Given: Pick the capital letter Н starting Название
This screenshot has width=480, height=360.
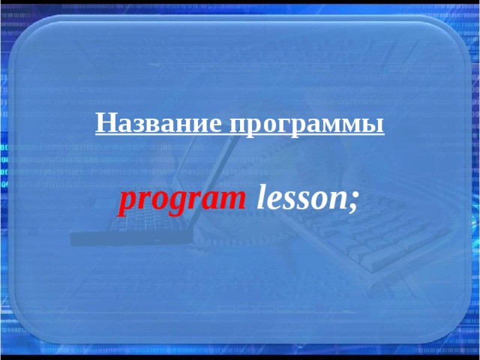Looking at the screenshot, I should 103,122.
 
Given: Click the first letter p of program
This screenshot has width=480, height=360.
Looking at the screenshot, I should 125,202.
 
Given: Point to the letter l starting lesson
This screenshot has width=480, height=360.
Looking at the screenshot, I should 261,197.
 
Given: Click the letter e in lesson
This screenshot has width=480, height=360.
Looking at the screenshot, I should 273,200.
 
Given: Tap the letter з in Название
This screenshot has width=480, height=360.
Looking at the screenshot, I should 136,124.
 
